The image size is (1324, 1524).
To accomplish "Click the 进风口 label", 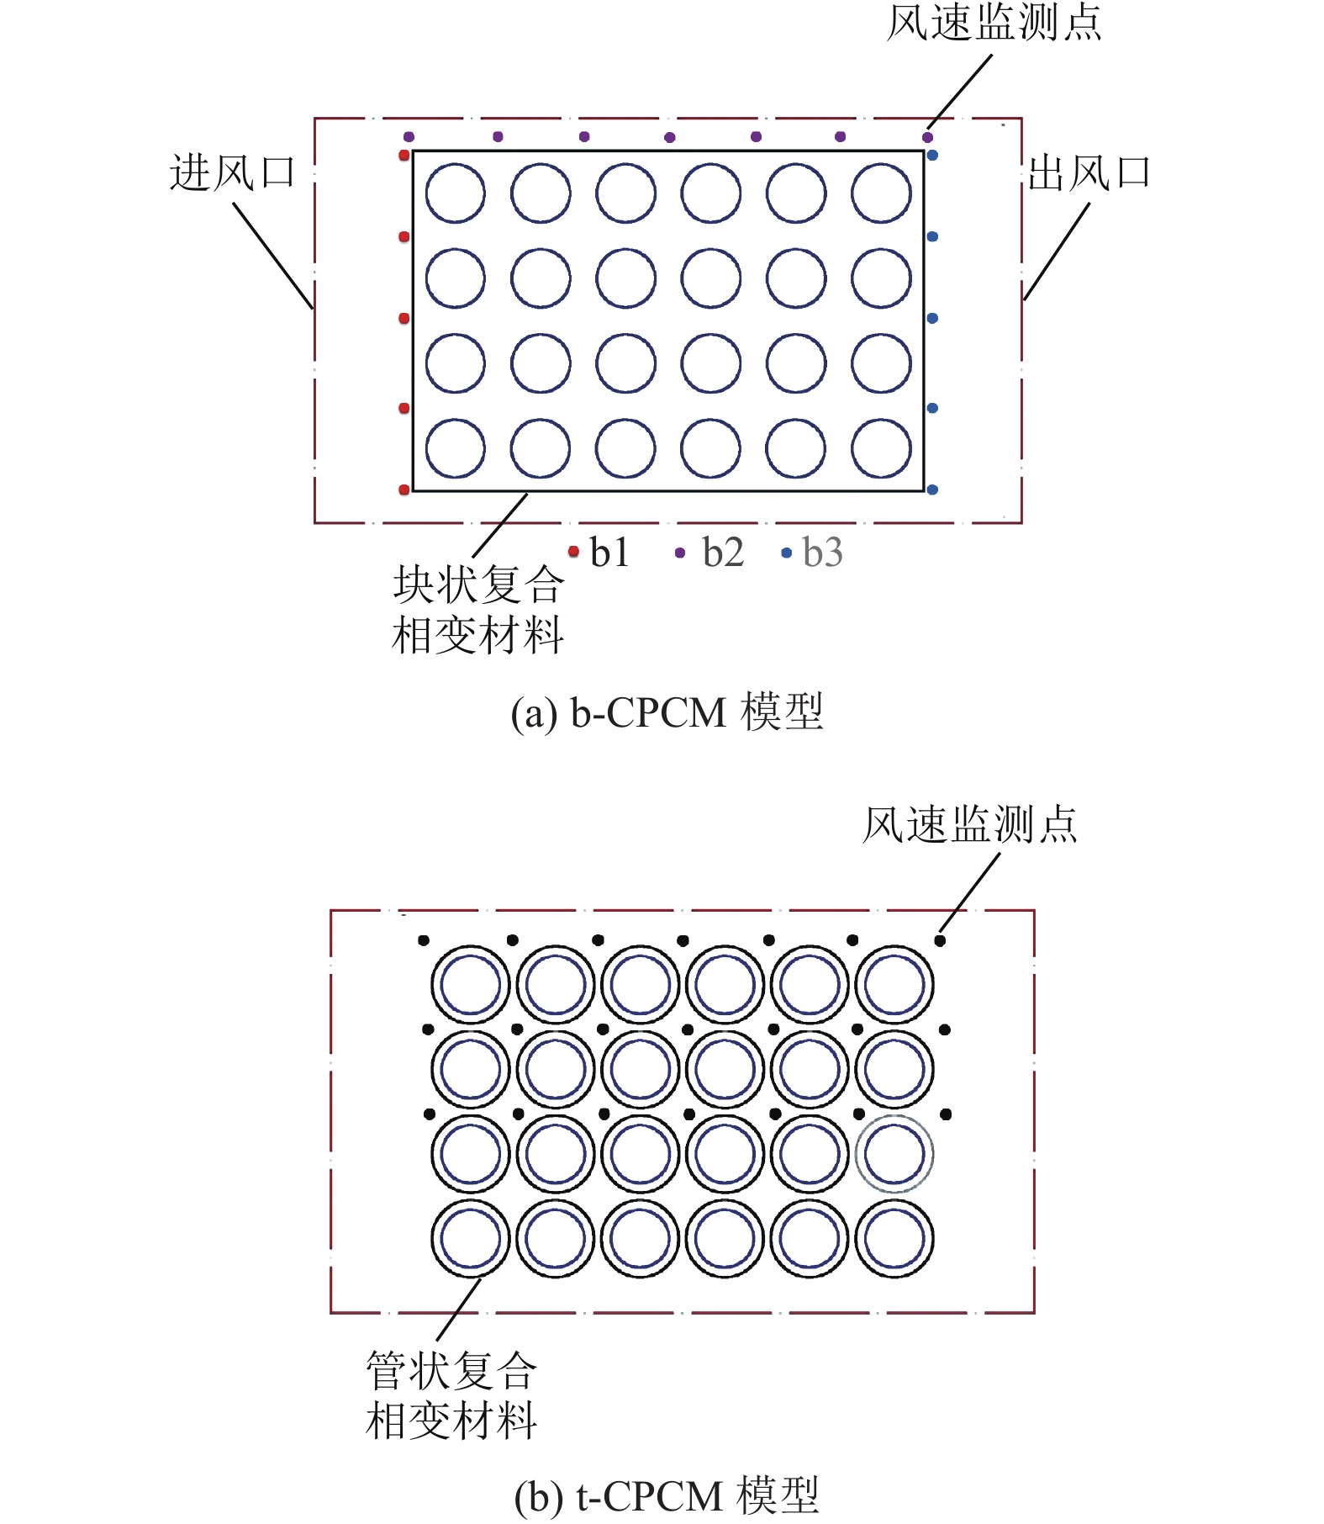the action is (x=232, y=173).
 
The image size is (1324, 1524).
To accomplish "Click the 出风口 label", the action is (x=1089, y=173).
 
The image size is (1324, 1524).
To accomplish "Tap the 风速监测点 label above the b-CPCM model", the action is (x=994, y=23).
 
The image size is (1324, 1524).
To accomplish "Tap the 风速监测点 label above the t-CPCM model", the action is (x=969, y=824).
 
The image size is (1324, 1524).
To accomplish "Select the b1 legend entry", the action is (x=600, y=553).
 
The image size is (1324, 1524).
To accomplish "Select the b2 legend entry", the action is (x=711, y=553).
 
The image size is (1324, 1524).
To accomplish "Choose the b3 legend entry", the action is (x=813, y=553).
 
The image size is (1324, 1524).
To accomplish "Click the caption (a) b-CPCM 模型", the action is (x=667, y=712).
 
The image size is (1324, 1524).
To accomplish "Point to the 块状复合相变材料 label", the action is (x=477, y=610).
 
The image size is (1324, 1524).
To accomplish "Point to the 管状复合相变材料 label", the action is (x=451, y=1395).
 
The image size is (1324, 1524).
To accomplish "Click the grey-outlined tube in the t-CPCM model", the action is (x=894, y=1154).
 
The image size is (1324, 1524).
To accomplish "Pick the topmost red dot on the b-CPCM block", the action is (x=404, y=156).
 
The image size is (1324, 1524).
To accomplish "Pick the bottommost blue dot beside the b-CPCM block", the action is (x=932, y=489).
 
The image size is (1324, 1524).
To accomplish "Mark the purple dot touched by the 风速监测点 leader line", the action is (x=927, y=137).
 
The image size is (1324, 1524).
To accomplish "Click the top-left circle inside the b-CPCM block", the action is (x=455, y=193).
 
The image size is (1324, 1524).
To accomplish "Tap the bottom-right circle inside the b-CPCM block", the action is (x=881, y=448).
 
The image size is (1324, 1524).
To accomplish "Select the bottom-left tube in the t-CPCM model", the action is (x=471, y=1239).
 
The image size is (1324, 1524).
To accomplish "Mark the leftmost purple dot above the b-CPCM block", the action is (x=409, y=137).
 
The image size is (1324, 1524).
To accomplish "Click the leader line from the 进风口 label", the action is (x=272, y=254).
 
